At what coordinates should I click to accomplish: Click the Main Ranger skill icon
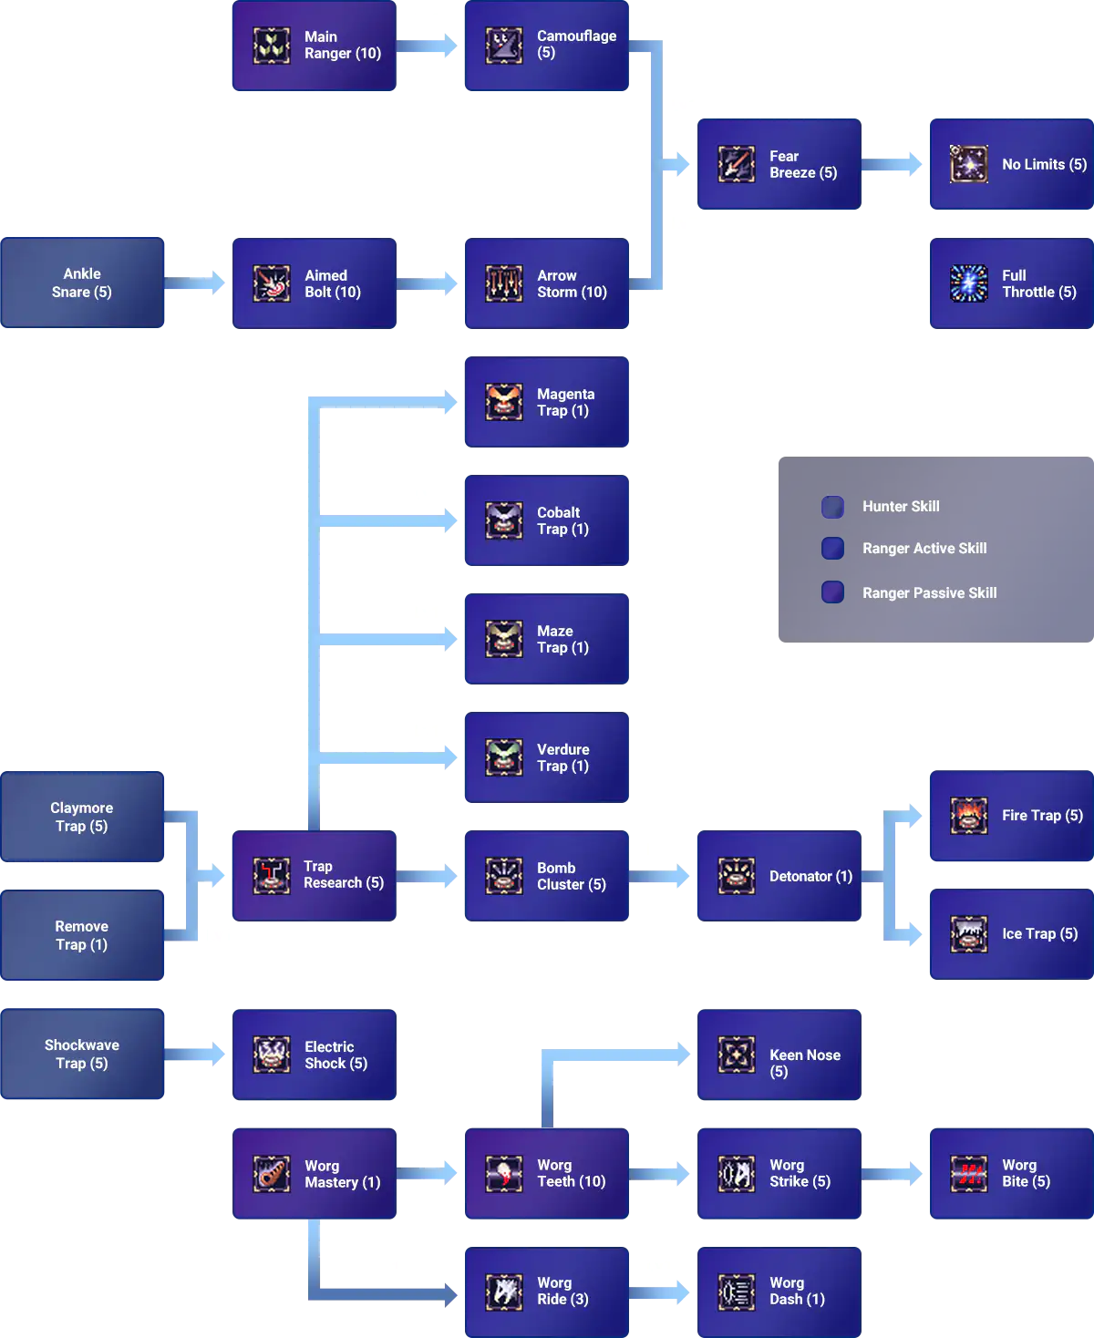(271, 46)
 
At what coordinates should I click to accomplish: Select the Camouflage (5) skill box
(546, 46)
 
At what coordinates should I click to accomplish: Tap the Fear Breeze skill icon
(736, 164)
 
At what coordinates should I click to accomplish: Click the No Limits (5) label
(1044, 164)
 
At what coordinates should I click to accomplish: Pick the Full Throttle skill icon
(969, 283)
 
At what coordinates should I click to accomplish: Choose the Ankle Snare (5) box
(83, 283)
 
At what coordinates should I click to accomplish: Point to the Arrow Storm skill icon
(504, 283)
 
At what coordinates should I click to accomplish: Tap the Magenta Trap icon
(504, 402)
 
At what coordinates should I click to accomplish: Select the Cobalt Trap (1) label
(562, 520)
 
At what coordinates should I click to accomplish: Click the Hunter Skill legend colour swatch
(832, 507)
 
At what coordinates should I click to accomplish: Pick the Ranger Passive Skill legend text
(929, 592)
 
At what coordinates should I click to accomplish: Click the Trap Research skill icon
(271, 876)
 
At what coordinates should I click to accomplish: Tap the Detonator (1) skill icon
(736, 876)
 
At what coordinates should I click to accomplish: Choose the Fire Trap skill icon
(969, 816)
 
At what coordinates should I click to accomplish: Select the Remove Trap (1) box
(83, 936)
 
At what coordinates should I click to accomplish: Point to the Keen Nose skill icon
(736, 1055)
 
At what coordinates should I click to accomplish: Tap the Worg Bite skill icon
(969, 1173)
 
